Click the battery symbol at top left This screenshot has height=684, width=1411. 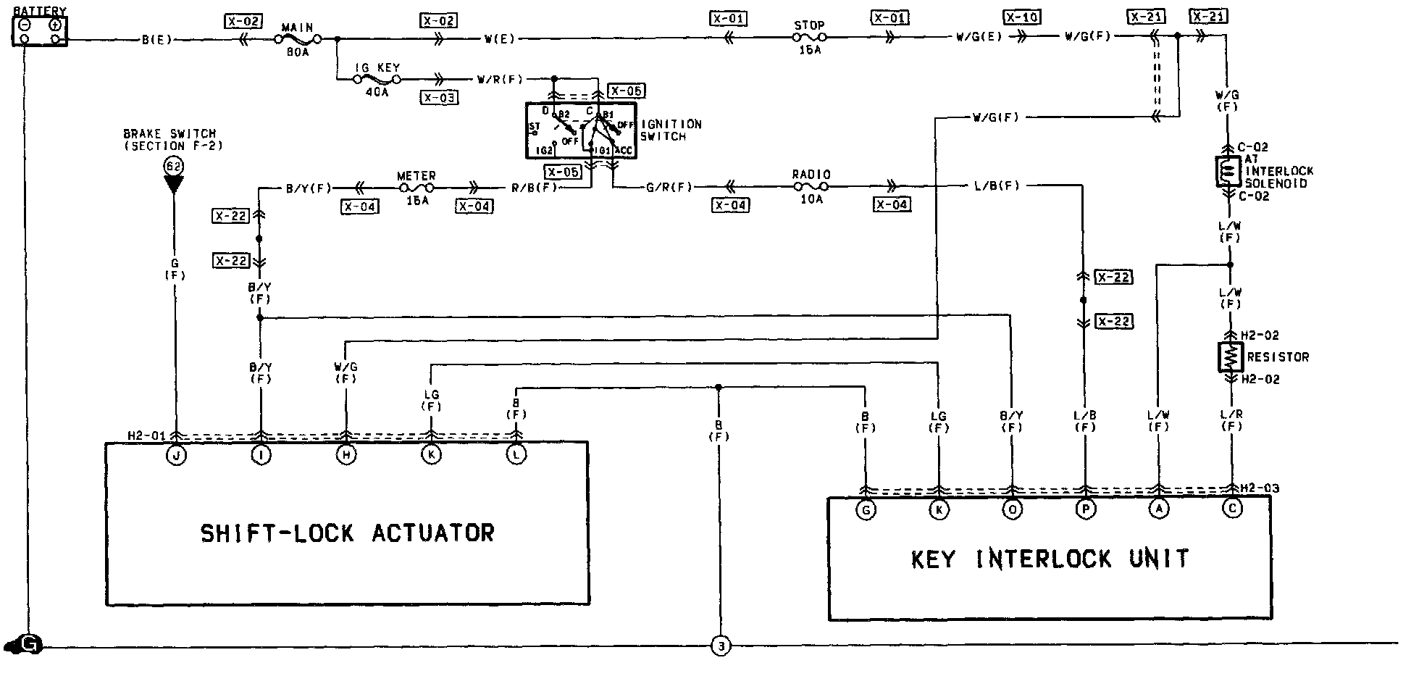pyautogui.click(x=40, y=32)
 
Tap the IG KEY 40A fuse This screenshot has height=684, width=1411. pyautogui.click(x=377, y=79)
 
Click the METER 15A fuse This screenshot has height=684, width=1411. pyautogui.click(x=416, y=188)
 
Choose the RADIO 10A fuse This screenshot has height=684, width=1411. pyautogui.click(x=811, y=186)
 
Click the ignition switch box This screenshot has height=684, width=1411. pyautogui.click(x=579, y=130)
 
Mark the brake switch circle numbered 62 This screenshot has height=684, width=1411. pyautogui.click(x=174, y=166)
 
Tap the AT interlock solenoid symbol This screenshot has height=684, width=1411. pyautogui.click(x=1228, y=172)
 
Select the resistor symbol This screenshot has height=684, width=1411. pyautogui.click(x=1231, y=357)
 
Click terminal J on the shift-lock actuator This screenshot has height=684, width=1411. pyautogui.click(x=176, y=455)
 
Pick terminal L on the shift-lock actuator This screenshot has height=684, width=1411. pyautogui.click(x=516, y=455)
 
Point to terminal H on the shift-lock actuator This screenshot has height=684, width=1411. pyautogui.click(x=347, y=455)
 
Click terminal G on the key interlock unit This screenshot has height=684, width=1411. pyautogui.click(x=866, y=510)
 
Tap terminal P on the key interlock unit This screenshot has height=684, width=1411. pyautogui.click(x=1085, y=510)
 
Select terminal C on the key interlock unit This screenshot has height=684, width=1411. pyautogui.click(x=1232, y=509)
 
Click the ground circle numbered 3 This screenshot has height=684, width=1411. pyautogui.click(x=721, y=646)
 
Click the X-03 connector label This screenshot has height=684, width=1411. pyautogui.click(x=439, y=96)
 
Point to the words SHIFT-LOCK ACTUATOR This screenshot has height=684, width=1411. pyautogui.click(x=347, y=534)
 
